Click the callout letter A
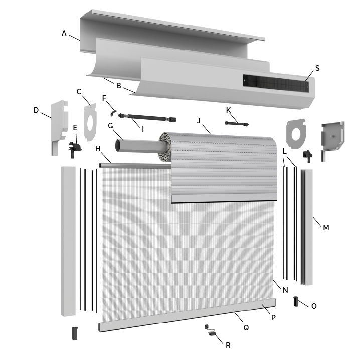click(x=64, y=33)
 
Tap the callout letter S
click(x=317, y=68)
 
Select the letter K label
click(x=229, y=110)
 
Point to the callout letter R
click(x=228, y=345)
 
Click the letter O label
click(x=314, y=306)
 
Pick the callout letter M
click(x=326, y=227)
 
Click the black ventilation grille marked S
click(x=275, y=83)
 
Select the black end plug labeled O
click(x=296, y=301)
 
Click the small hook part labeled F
click(x=114, y=112)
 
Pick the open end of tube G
click(x=118, y=146)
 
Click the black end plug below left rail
click(x=75, y=333)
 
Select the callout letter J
click(x=199, y=120)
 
